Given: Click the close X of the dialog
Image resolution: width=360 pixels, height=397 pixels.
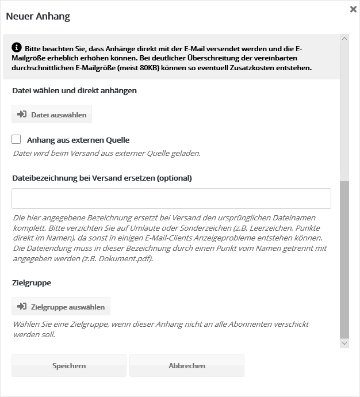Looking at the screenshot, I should (353, 9).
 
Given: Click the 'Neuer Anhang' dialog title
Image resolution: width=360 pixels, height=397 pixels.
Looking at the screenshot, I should (38, 17).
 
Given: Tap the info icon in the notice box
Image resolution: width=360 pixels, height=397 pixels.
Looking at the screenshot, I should (17, 47).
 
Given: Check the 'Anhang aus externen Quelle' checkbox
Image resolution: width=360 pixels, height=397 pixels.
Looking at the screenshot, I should (16, 139).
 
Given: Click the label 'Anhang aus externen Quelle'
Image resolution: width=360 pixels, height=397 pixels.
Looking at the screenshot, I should (78, 140).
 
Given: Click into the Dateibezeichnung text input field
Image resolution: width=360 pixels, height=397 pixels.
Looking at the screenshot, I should (171, 199).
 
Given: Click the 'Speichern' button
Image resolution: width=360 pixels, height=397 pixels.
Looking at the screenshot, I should (69, 365).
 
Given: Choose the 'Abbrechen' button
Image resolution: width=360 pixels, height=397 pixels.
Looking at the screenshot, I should (187, 365).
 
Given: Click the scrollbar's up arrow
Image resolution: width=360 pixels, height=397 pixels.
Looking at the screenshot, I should (344, 39).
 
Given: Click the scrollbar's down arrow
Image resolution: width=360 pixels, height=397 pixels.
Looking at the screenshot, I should (344, 343).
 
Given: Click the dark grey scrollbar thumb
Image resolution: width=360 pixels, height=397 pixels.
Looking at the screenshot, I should (344, 259).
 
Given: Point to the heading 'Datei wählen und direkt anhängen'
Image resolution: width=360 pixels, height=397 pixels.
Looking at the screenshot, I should (75, 90).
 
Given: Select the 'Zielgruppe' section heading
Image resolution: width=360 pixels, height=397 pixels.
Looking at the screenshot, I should (32, 283).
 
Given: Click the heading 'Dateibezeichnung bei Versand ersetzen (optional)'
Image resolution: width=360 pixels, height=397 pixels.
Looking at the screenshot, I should (102, 178).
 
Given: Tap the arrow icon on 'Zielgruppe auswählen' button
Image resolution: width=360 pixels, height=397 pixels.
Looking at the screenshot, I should (22, 306).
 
